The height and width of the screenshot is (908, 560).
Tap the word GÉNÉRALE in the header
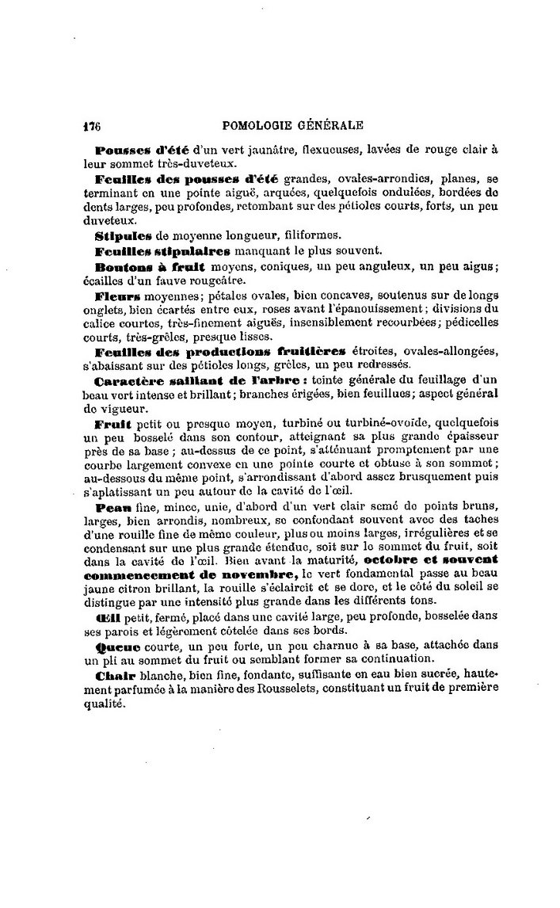(x=330, y=124)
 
